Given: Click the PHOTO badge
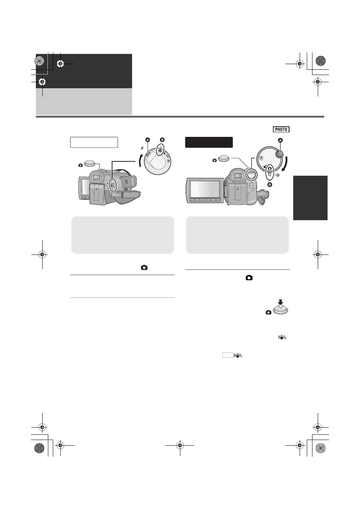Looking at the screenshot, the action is (x=281, y=129).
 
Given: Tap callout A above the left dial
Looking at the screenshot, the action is (x=148, y=140).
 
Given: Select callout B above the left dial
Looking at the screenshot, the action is (x=162, y=140).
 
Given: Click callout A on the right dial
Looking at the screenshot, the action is (x=280, y=140).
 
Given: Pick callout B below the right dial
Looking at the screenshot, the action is (x=270, y=185).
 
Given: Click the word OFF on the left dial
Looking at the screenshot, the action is (x=168, y=156).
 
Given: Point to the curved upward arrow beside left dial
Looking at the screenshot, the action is (x=141, y=160).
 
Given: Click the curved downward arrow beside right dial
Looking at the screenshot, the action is (x=285, y=164).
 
